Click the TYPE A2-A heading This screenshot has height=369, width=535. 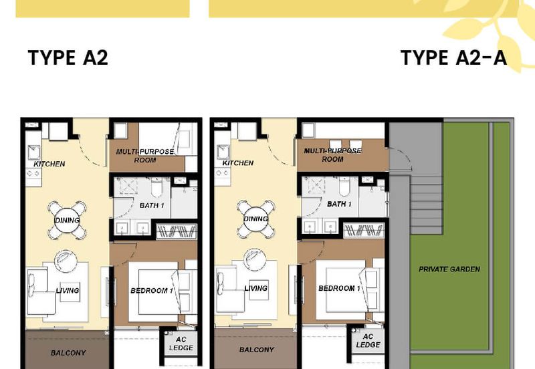point(453,57)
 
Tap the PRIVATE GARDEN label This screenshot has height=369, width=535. point(449,269)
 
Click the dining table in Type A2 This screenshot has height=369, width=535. point(68,221)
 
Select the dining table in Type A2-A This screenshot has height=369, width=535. point(256,219)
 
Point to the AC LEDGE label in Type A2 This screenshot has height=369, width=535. point(181,344)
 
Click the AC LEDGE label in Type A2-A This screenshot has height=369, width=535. point(368,341)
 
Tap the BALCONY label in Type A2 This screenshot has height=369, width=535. point(68,353)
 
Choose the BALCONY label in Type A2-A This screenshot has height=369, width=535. point(257,350)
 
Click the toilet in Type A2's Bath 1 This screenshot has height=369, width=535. point(157,187)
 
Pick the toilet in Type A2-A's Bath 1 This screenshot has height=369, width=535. point(344,187)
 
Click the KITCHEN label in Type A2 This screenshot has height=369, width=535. point(49,164)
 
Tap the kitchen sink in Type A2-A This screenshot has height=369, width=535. point(223,152)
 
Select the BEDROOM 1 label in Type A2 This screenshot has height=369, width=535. point(152,291)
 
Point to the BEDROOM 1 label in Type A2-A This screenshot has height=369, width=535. point(339,288)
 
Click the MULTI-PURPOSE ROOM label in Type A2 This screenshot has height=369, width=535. point(145,156)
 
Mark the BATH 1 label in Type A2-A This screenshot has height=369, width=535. point(339,205)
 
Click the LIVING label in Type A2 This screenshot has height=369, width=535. point(68,291)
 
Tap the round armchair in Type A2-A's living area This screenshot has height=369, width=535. point(255,260)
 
